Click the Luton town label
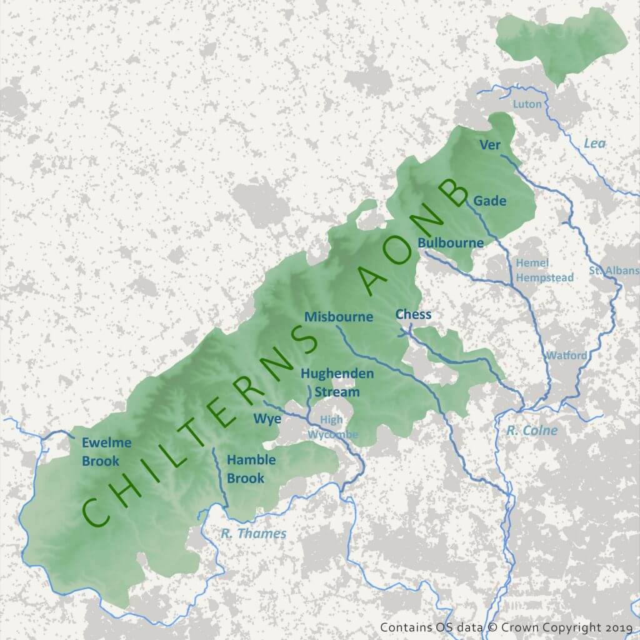click(527, 104)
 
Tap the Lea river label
click(594, 144)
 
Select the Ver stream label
click(490, 145)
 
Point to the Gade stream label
click(489, 201)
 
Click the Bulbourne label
click(451, 242)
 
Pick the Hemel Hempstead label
click(535, 271)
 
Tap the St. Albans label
click(614, 271)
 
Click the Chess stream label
click(413, 314)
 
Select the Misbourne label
click(339, 317)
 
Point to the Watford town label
click(567, 356)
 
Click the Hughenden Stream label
click(337, 382)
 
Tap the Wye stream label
click(267, 418)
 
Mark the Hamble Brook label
click(251, 469)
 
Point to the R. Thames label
click(254, 534)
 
